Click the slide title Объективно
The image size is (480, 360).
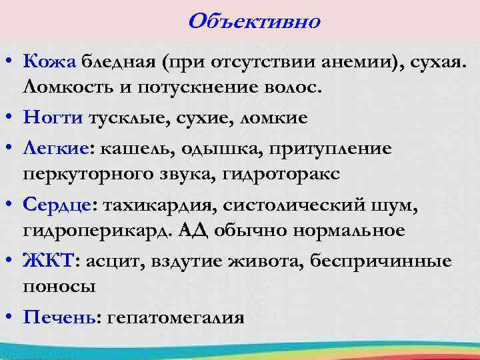pyautogui.click(x=254, y=21)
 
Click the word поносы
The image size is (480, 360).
pyautogui.click(x=59, y=287)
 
